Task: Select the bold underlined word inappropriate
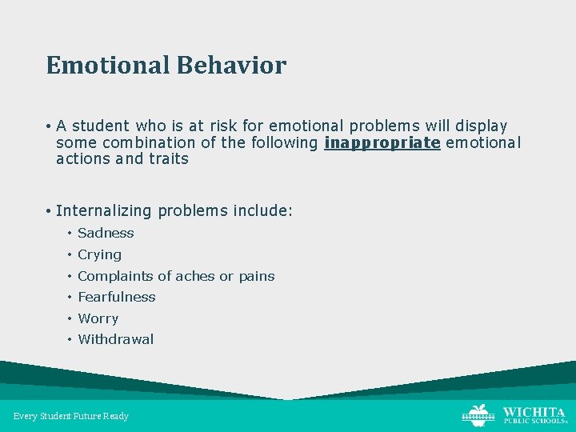(382, 142)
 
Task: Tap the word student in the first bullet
(100, 126)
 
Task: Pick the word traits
(168, 158)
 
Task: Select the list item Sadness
(106, 234)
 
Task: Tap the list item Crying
(99, 254)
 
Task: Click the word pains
(256, 276)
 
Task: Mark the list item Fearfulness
(117, 297)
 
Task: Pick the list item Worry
(98, 318)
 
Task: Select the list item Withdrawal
(115, 339)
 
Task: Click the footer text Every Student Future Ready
(71, 416)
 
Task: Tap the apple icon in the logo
(479, 414)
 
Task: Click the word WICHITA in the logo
(534, 410)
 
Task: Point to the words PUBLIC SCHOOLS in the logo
(533, 422)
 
